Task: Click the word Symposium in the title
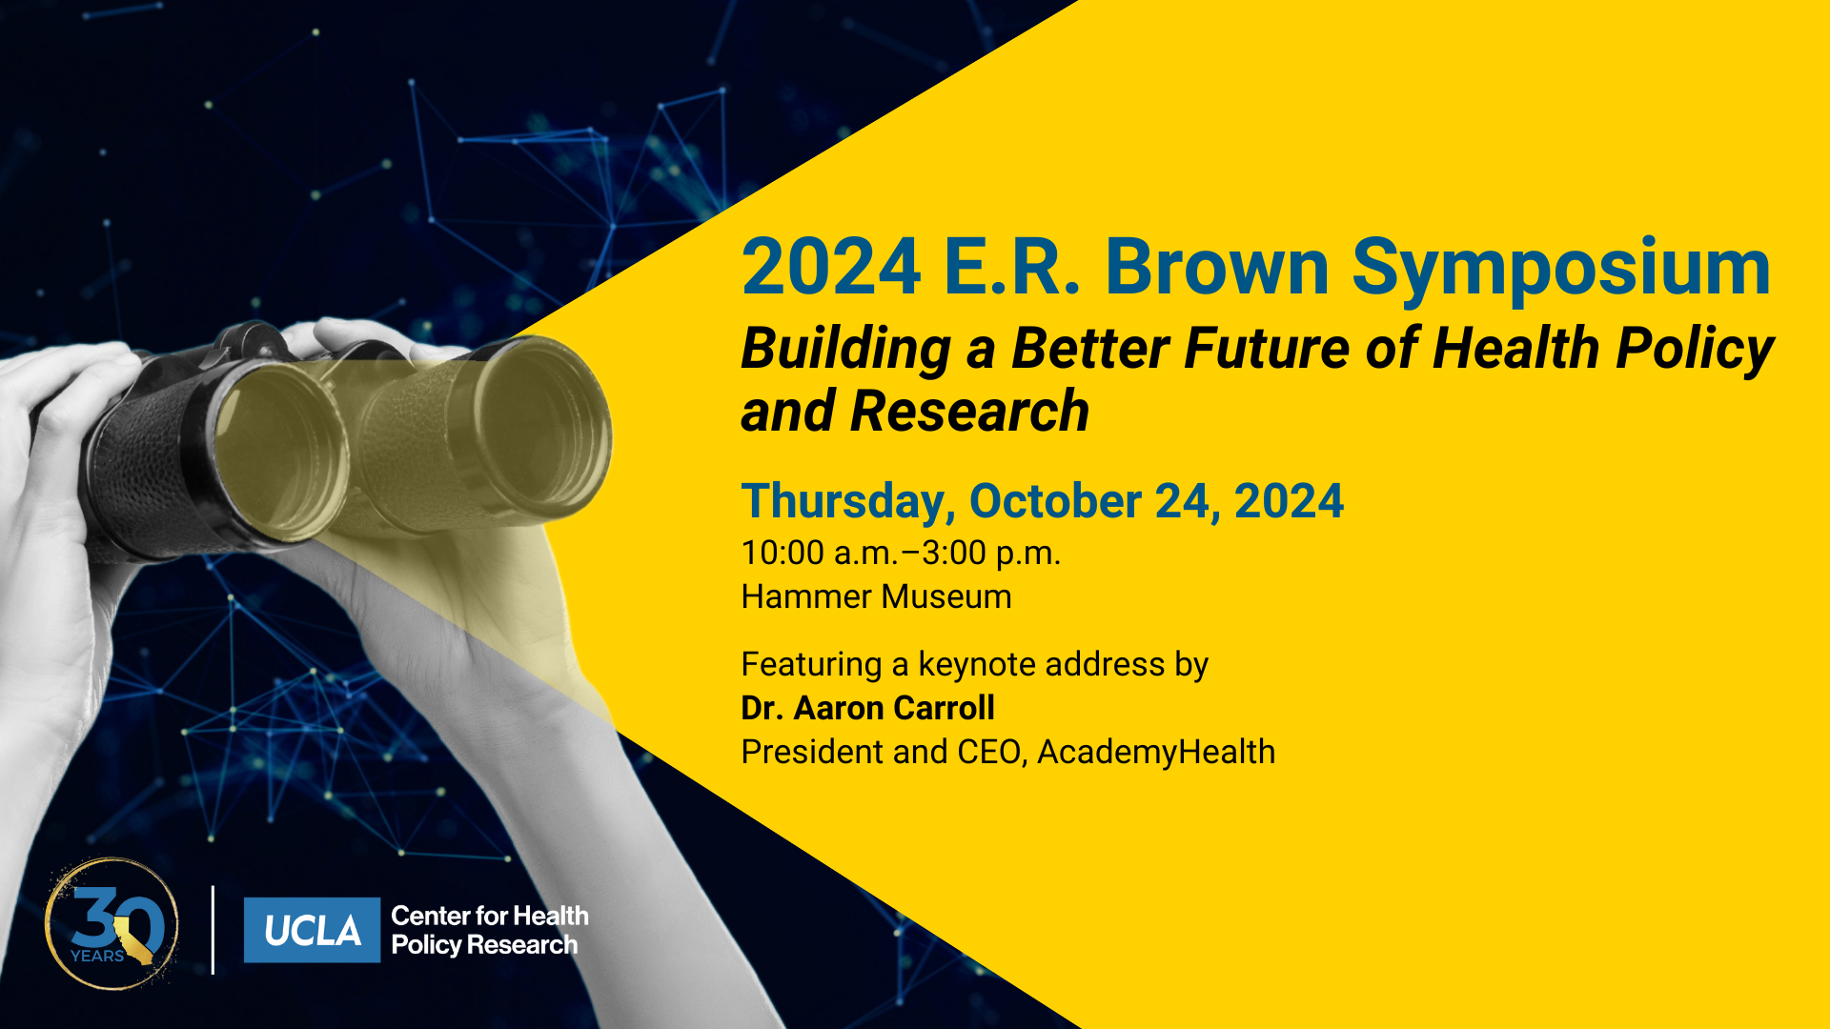(x=1561, y=270)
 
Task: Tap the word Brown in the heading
(x=1217, y=268)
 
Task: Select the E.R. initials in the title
(x=1011, y=268)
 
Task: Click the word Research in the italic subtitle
(x=969, y=412)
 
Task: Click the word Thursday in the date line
(x=848, y=502)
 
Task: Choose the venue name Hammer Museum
(x=876, y=596)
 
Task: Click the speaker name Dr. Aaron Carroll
(x=867, y=708)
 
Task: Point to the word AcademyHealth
(x=1155, y=753)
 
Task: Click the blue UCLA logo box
(x=312, y=930)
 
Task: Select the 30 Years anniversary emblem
(x=112, y=924)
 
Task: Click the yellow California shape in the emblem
(x=133, y=939)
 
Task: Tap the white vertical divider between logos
(x=213, y=930)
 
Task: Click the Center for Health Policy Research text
(x=490, y=930)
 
